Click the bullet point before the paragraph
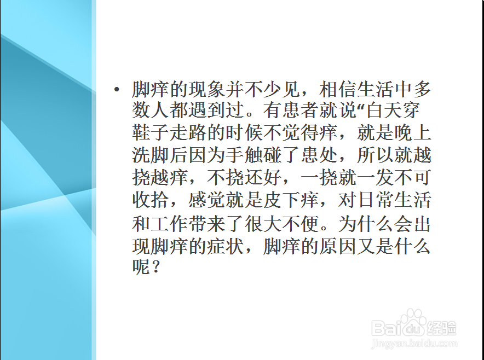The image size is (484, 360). [117, 89]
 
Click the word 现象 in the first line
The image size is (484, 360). [206, 89]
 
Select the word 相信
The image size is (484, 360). [337, 89]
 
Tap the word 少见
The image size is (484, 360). [281, 89]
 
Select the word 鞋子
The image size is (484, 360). [151, 133]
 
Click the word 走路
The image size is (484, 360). [188, 133]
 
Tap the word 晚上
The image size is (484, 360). [412, 133]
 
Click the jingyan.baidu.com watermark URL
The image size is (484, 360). [413, 344]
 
